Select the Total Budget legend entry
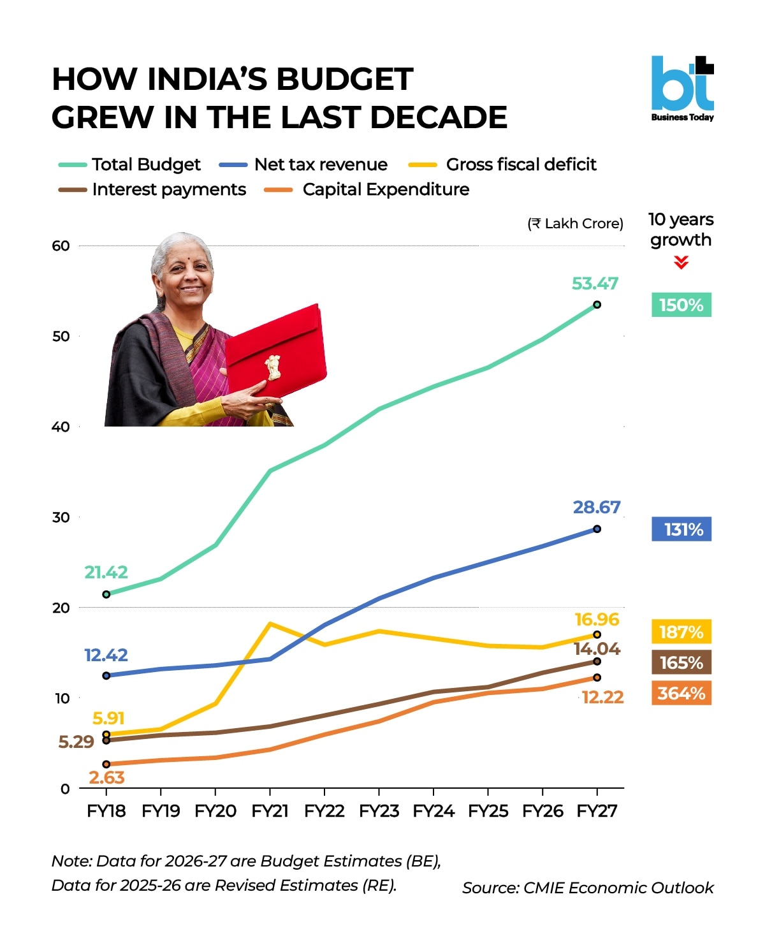(x=129, y=165)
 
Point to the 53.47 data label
(x=595, y=283)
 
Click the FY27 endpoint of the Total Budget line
(x=597, y=305)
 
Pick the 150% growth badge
(x=681, y=305)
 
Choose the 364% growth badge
(x=681, y=693)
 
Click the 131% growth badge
(x=681, y=529)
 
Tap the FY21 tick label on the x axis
(x=270, y=811)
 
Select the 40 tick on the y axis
(x=61, y=427)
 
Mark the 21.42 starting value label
(x=106, y=572)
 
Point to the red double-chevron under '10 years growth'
(x=681, y=263)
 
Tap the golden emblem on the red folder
(x=273, y=367)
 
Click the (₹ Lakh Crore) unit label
(x=575, y=223)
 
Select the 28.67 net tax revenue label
(x=596, y=507)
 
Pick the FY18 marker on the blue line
(x=106, y=675)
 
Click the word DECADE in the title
(x=438, y=117)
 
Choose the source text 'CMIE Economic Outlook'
(x=618, y=888)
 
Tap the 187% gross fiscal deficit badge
(x=681, y=632)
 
